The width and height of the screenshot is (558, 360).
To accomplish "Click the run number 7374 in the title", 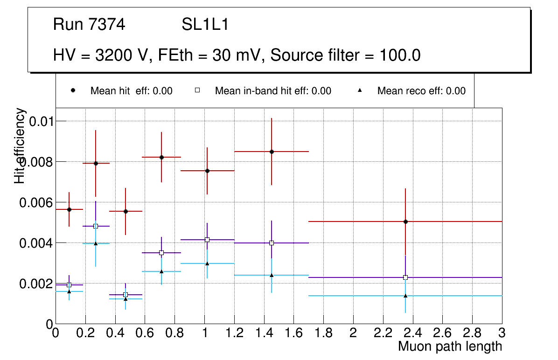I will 107,25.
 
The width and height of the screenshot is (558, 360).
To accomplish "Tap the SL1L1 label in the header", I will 205,25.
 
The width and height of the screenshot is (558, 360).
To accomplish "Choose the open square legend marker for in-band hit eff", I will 197,91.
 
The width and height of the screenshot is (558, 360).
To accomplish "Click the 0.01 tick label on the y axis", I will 41,122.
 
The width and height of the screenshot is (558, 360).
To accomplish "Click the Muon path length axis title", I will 450,346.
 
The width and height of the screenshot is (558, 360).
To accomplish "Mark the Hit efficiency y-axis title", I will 20,145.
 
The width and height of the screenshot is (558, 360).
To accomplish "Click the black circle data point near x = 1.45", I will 272,152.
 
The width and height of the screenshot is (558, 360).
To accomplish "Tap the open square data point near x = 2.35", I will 405,277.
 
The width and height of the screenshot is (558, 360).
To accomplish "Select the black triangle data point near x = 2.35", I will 405,295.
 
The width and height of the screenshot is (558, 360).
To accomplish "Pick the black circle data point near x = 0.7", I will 161,157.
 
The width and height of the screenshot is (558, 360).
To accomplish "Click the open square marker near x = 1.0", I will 207,240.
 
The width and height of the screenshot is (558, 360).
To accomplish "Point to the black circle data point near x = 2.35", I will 405,222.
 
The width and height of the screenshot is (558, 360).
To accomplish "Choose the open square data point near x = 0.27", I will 96,226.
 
